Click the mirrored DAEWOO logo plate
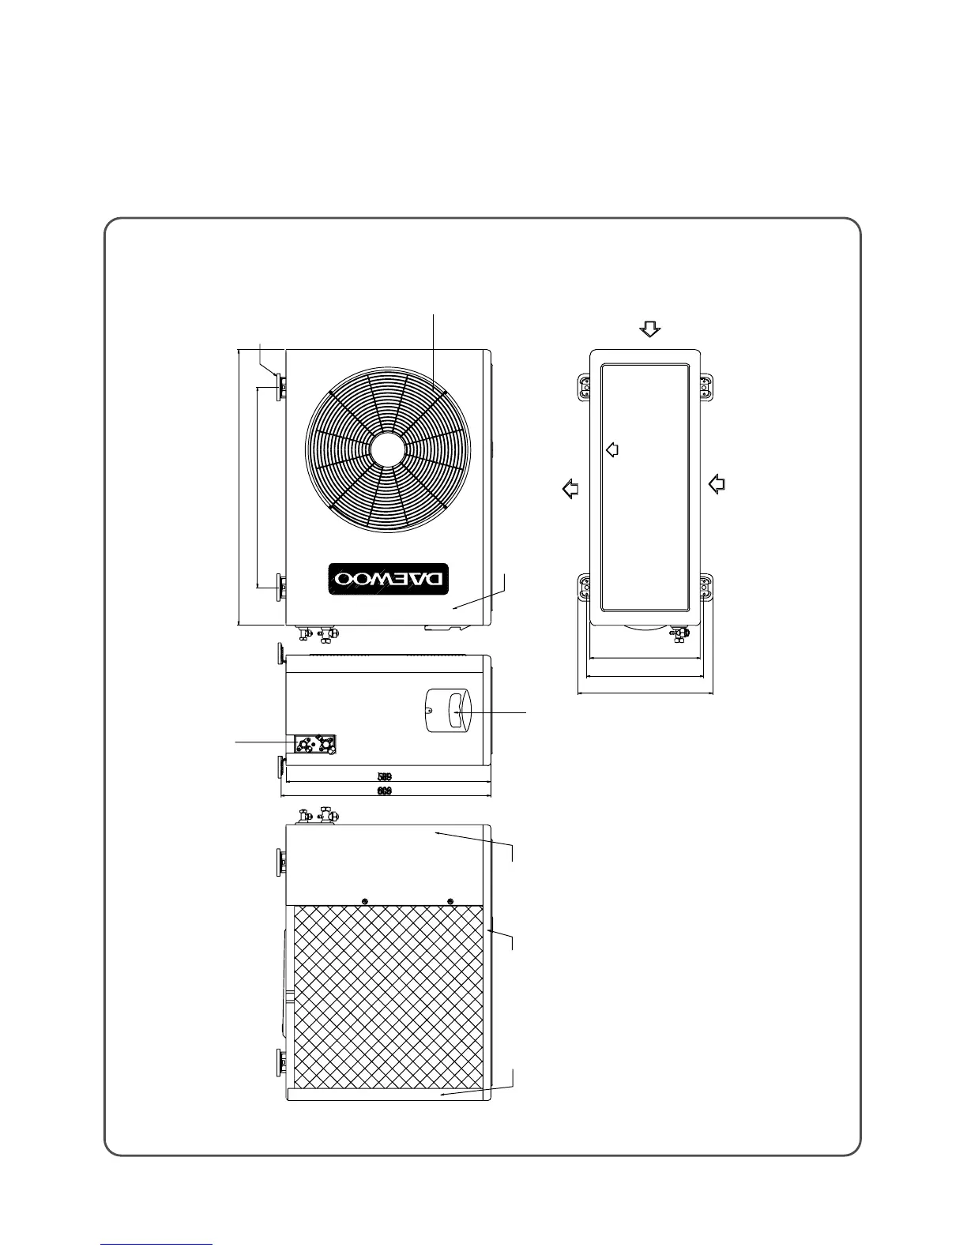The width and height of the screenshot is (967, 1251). pos(389,579)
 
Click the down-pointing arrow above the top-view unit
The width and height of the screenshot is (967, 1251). pos(649,329)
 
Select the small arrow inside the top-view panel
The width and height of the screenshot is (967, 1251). pos(611,449)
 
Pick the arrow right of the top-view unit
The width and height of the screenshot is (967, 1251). pos(717,483)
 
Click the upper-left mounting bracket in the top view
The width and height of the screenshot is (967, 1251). pos(585,388)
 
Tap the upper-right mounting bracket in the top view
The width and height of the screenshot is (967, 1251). pos(706,388)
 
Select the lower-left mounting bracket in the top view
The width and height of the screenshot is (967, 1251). pos(585,588)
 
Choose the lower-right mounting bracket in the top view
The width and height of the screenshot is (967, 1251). pos(706,588)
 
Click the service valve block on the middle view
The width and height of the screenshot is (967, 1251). pos(314,743)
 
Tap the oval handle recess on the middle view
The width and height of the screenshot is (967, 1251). pos(446,710)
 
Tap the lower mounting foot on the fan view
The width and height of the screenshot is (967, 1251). pos(280,588)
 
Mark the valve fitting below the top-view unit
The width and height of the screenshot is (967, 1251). pos(677,633)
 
